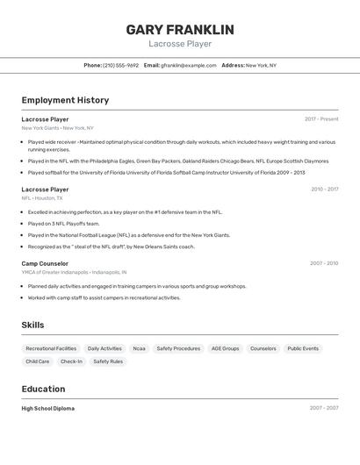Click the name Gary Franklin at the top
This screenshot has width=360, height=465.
coord(180,30)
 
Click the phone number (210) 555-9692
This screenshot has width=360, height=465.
coord(121,65)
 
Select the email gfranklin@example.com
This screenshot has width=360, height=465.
coord(189,65)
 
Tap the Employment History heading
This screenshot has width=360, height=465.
coord(65,100)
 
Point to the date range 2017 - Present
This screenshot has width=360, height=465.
coord(321,119)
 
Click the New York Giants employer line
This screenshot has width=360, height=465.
coord(57,128)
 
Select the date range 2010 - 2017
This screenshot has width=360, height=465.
coord(324,190)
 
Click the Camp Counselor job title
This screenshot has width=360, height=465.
coord(45,263)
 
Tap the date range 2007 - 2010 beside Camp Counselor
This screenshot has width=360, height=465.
coord(323,263)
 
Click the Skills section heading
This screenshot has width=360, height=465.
coord(32,325)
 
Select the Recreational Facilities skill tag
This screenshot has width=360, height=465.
coord(51,348)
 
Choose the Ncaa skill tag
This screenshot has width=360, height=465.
coord(139,348)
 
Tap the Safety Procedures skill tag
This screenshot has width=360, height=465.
coord(178,348)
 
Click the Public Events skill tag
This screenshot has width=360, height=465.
coord(303,348)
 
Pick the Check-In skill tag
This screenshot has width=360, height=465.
coord(71,361)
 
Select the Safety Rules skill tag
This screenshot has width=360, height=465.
coord(108,361)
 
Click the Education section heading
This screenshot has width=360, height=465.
coord(43,389)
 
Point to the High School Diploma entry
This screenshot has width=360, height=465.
coord(47,408)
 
